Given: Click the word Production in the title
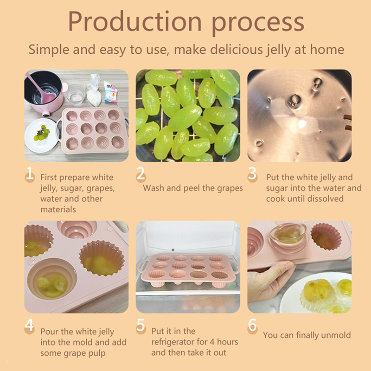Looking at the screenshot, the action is tap(135, 21).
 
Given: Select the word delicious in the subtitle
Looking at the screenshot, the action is tap(237, 50).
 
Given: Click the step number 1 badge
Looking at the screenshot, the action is tap(30, 175).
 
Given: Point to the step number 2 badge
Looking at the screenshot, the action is tap(141, 174).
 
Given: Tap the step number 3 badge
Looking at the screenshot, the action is tap(252, 174).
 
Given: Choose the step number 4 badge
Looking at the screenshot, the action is tap(30, 326).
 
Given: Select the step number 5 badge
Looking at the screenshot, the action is tap(141, 326).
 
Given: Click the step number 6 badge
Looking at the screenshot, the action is tap(252, 326).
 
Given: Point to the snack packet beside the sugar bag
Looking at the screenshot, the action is tap(110, 92).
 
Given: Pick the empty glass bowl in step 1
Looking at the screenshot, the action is tap(76, 95).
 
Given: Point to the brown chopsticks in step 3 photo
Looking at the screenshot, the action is tap(347, 122).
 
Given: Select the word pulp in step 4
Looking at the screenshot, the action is tap(97, 354).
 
